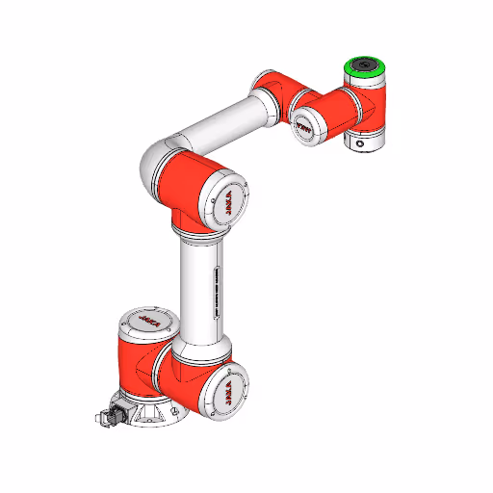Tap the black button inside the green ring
(x=367, y=66)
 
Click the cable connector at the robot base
(x=109, y=416)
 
